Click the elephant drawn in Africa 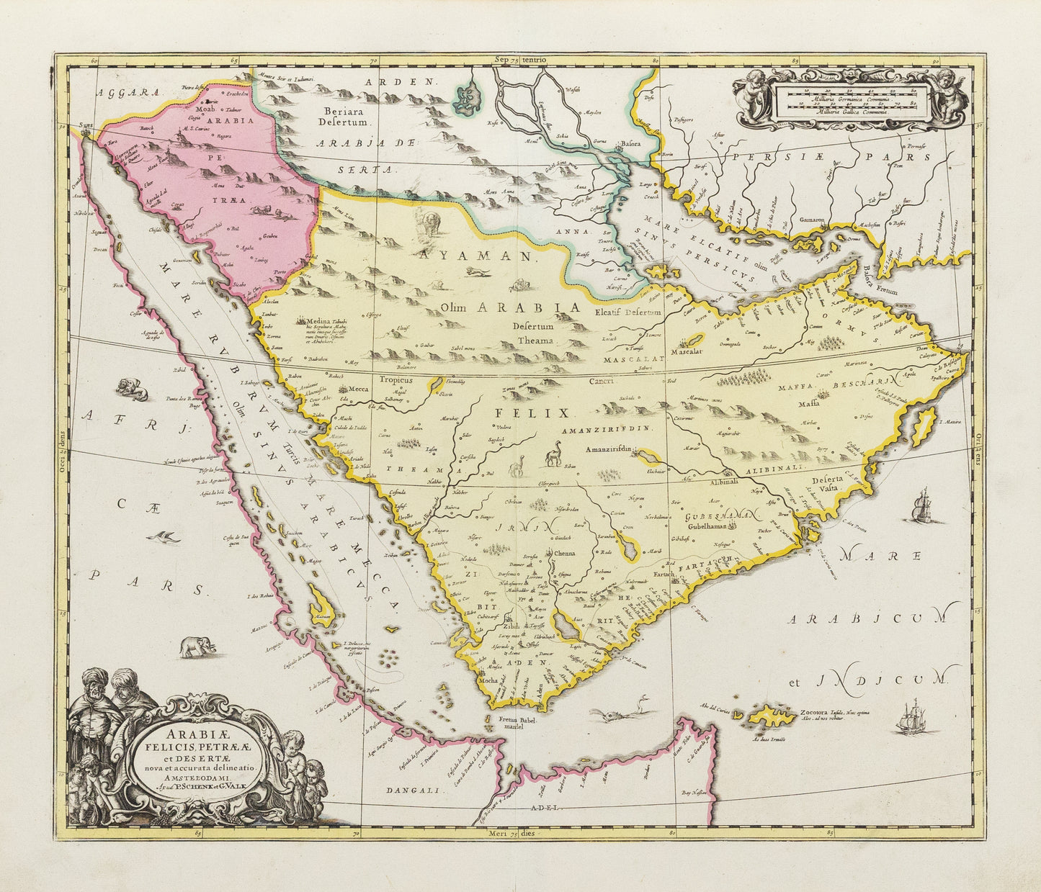(x=197, y=647)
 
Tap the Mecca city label (x=359, y=389)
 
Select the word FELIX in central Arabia (x=532, y=413)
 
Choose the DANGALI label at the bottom (x=412, y=790)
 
